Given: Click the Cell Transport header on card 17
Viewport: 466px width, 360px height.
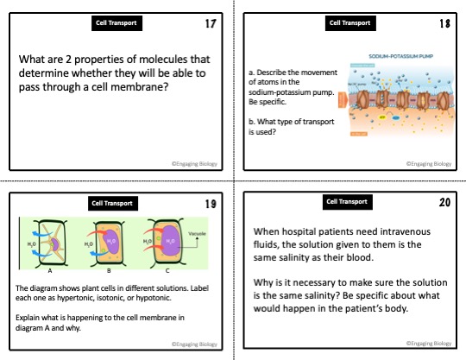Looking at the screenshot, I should pyautogui.click(x=116, y=23).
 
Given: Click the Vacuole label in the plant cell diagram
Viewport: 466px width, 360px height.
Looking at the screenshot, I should pyautogui.click(x=195, y=232).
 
